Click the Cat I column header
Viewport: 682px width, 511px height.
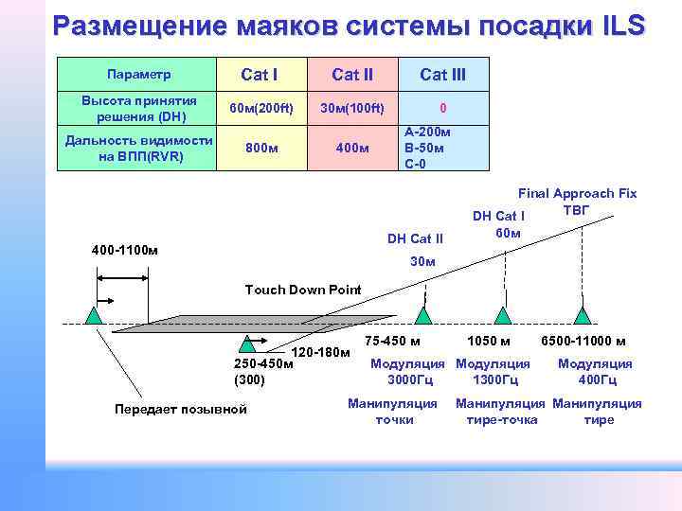pos(259,74)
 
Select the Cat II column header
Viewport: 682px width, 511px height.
pos(351,74)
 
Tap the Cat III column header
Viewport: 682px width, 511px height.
pos(442,74)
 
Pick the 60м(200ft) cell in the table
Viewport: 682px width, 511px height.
pos(259,108)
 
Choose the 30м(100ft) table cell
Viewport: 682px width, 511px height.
pos(351,108)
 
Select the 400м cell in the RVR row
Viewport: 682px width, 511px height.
pos(351,148)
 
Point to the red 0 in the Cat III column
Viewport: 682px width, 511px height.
pos(442,108)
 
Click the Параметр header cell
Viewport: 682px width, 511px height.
pos(138,74)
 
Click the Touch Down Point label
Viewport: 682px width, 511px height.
pos(303,290)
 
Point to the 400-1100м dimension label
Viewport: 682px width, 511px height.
pos(125,251)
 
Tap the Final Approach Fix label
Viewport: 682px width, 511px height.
pos(577,193)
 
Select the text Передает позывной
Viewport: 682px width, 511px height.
pos(180,409)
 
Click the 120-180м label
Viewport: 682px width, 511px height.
pos(321,353)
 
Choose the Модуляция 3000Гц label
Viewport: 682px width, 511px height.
pos(407,371)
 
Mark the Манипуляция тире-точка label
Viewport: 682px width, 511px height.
pos(501,412)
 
